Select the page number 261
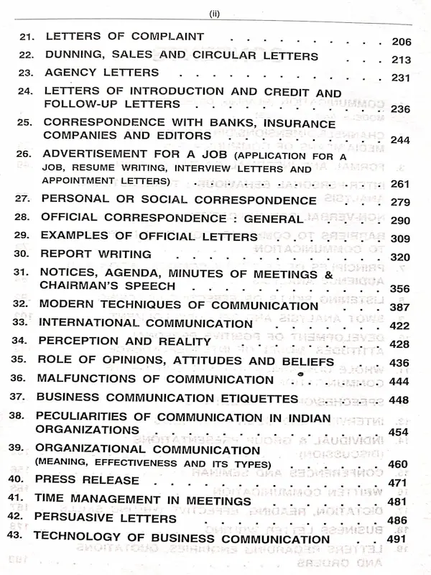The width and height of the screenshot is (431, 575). tap(400, 184)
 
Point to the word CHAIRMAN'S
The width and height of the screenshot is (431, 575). tap(83, 285)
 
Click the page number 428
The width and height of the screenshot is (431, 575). tap(400, 344)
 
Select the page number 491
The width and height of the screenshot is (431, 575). tap(400, 539)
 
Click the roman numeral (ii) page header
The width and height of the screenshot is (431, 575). tap(215, 12)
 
